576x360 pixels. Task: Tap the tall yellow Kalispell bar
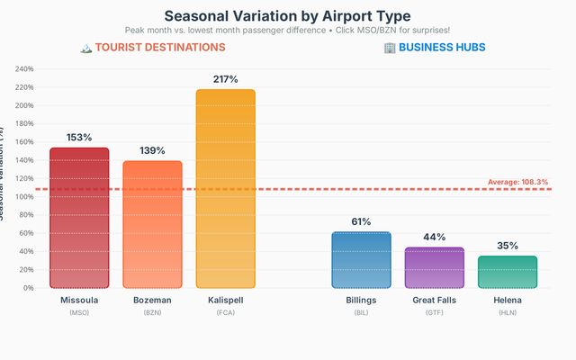(x=225, y=189)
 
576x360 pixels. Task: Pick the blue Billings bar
(x=361, y=260)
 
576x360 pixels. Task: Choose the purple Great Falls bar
(x=434, y=267)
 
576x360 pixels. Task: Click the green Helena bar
(x=507, y=272)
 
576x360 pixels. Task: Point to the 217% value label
(x=225, y=79)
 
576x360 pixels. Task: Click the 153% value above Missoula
(x=79, y=138)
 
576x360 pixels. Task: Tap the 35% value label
(x=507, y=245)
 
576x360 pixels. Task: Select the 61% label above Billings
(x=361, y=221)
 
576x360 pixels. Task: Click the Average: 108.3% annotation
(x=517, y=182)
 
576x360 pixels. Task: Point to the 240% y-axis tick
(x=23, y=69)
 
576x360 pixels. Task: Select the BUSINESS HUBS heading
(x=442, y=47)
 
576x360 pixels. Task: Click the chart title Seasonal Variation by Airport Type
(x=287, y=15)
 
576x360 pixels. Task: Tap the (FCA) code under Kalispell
(x=225, y=312)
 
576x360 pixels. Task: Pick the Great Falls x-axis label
(x=434, y=300)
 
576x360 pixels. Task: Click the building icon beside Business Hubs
(x=389, y=47)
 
